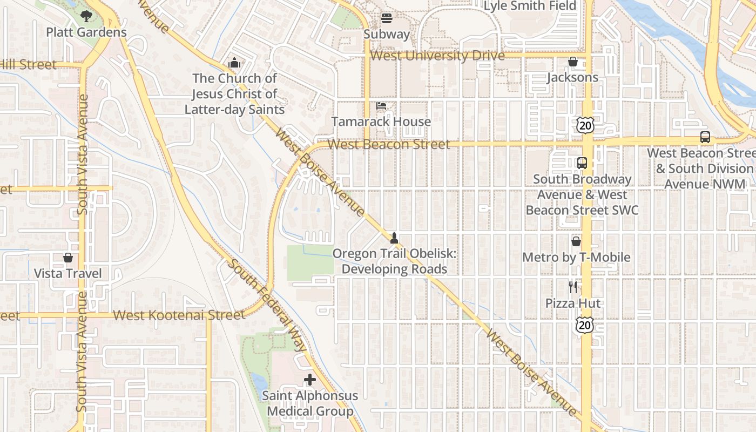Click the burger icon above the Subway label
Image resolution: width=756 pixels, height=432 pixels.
click(x=386, y=18)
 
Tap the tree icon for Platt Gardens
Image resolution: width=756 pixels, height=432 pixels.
click(x=86, y=16)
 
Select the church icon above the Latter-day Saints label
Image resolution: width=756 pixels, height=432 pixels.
click(x=234, y=63)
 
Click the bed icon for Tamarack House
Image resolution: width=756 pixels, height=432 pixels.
click(x=381, y=106)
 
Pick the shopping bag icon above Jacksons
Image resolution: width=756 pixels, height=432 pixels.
click(x=573, y=62)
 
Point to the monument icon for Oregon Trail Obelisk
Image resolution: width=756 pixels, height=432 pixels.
click(x=394, y=238)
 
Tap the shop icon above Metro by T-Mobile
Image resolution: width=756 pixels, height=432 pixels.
click(x=576, y=241)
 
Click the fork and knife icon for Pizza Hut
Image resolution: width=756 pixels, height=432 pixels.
click(x=573, y=287)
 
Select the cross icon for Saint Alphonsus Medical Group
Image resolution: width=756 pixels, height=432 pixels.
click(x=310, y=380)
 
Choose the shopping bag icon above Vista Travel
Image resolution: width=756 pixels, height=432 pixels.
click(x=68, y=258)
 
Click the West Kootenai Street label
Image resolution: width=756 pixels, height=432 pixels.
click(x=179, y=315)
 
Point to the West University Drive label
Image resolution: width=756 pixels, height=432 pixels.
click(x=437, y=56)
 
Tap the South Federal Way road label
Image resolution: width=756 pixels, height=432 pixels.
click(x=267, y=305)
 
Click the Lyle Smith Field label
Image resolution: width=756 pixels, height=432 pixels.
click(x=530, y=6)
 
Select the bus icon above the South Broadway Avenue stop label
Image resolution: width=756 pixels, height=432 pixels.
click(x=582, y=163)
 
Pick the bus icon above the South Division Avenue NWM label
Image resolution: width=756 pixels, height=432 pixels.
click(x=705, y=137)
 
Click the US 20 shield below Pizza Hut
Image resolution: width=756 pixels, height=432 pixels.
click(x=584, y=325)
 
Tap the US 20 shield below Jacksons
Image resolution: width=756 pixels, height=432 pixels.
click(x=585, y=126)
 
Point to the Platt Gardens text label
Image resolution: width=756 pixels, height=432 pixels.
click(x=86, y=32)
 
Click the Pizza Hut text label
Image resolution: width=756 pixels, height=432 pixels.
click(x=573, y=303)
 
